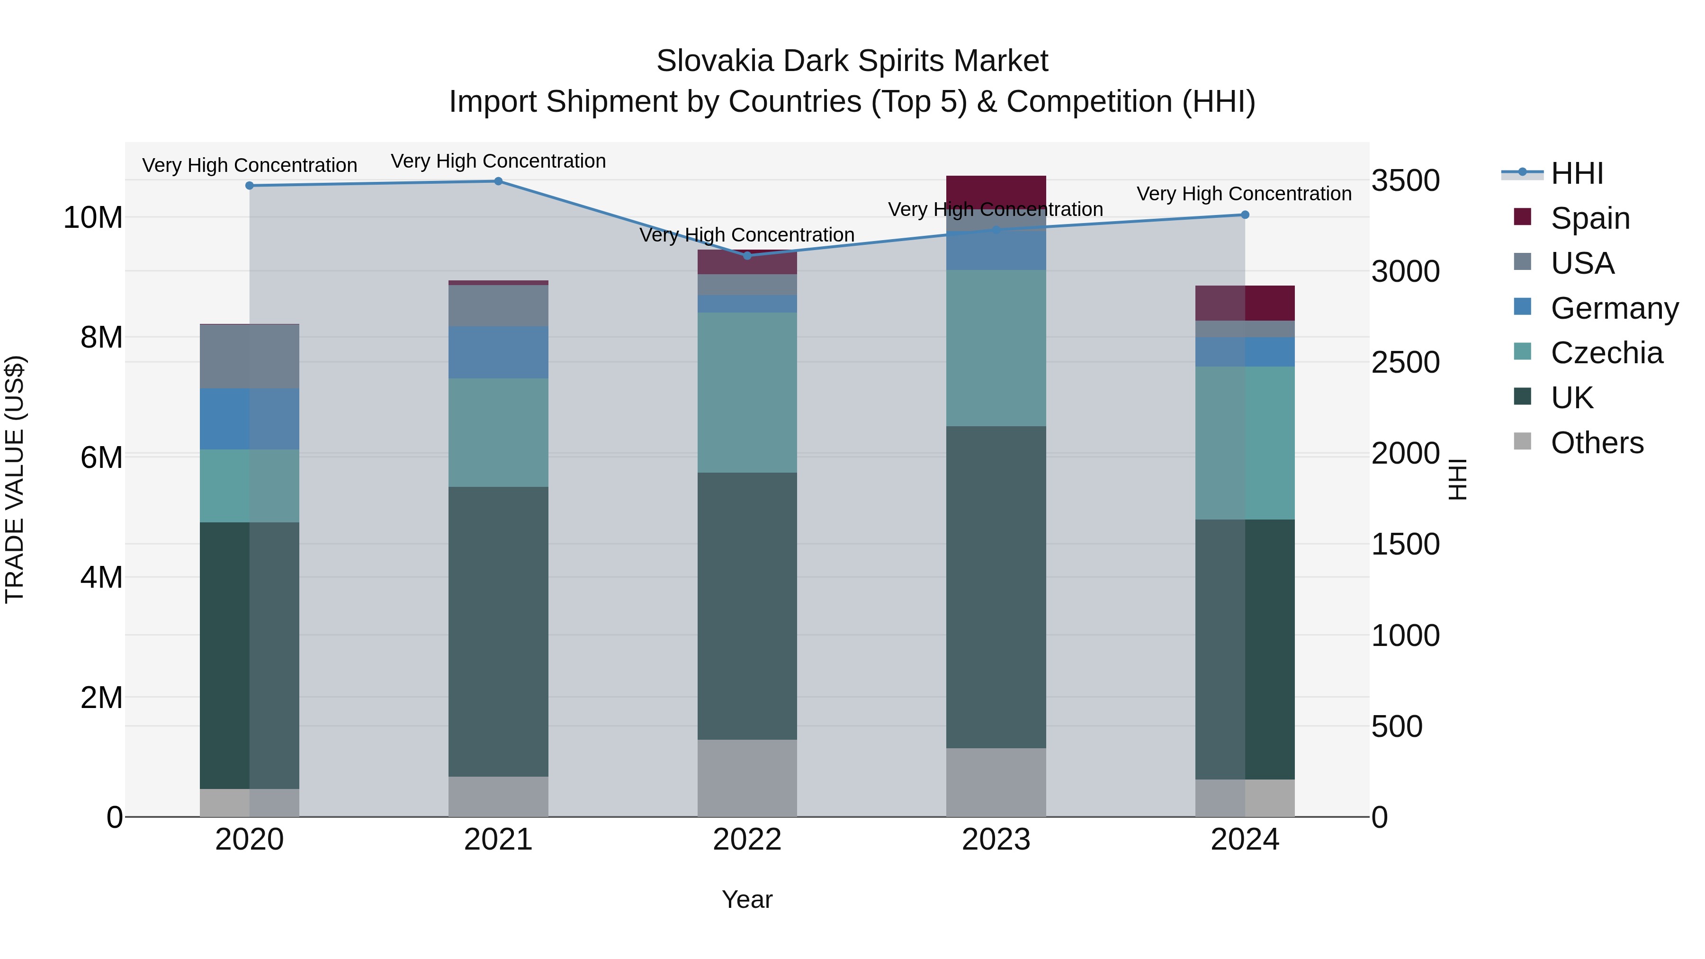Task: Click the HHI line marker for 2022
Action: click(x=747, y=255)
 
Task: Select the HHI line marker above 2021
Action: click(x=498, y=181)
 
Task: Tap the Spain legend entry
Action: click(x=1589, y=218)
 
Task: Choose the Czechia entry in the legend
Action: click(x=1606, y=353)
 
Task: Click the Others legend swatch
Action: click(x=1522, y=441)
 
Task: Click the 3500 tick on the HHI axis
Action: click(x=1405, y=181)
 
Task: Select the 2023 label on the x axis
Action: click(x=996, y=840)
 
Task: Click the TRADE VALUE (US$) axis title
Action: click(x=15, y=479)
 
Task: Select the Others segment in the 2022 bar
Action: click(x=747, y=778)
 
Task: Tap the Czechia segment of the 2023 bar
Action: click(x=996, y=348)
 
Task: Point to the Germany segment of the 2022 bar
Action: click(x=747, y=304)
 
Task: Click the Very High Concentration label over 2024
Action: click(x=1244, y=194)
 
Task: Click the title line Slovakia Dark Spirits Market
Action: click(x=852, y=61)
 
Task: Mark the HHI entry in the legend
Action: click(x=1576, y=173)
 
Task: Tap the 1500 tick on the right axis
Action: click(x=1405, y=545)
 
